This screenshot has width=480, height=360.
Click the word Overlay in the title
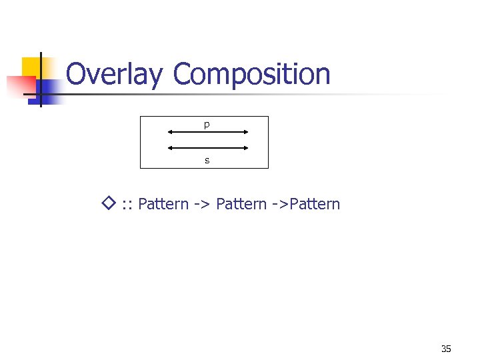click(x=113, y=75)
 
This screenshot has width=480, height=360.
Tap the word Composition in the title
click(x=251, y=75)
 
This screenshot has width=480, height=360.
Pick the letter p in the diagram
click(x=207, y=125)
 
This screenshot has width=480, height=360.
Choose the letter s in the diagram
click(x=207, y=160)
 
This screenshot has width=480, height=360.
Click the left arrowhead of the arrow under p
click(x=170, y=132)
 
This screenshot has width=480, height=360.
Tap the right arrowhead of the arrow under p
click(x=246, y=132)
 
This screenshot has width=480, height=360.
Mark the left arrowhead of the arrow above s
click(x=170, y=148)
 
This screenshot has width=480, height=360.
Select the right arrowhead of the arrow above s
click(x=246, y=148)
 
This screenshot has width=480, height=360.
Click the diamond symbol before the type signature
click(x=110, y=202)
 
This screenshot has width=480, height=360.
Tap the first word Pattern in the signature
click(x=163, y=204)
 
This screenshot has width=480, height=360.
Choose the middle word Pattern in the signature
click(x=241, y=204)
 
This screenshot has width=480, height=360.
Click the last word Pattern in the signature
click(x=314, y=204)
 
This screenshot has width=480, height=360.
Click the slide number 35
click(x=446, y=349)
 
